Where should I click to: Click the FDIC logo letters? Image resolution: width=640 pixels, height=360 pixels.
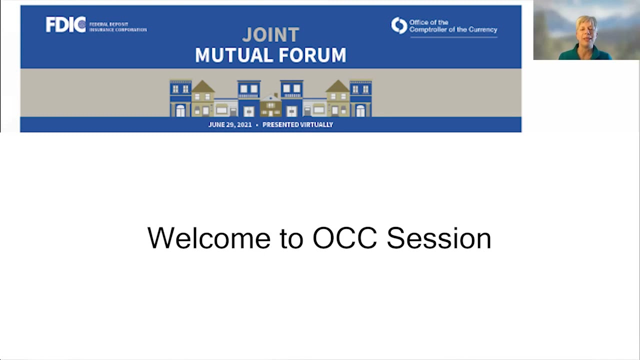pos(65,24)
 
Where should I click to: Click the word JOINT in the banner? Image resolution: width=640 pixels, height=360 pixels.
pos(270,35)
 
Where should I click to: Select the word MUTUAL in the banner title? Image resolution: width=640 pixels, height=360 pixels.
pos(229,55)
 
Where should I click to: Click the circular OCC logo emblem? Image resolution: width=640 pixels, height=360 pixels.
pos(399,25)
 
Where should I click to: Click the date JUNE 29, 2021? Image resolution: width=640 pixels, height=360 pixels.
pos(230,124)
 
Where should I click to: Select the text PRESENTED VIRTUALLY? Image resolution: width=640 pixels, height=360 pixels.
pos(297,124)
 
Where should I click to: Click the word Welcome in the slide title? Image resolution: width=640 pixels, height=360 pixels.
pos(208,238)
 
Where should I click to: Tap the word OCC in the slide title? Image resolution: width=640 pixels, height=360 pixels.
pos(344,238)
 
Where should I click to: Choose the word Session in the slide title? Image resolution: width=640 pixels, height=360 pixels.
pos(438,238)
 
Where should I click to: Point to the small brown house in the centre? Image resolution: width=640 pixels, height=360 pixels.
pos(270,106)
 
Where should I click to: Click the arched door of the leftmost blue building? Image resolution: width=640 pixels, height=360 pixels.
pos(180,110)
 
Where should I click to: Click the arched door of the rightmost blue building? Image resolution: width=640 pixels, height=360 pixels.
pos(360,110)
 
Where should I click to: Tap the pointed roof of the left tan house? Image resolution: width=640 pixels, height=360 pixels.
pos(203,86)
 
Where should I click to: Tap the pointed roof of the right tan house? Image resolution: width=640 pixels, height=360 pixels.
pos(338,86)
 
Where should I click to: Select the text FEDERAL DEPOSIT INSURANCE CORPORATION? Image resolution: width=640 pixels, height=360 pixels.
pos(118,27)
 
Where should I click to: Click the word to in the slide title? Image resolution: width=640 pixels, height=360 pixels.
pos(291,238)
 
